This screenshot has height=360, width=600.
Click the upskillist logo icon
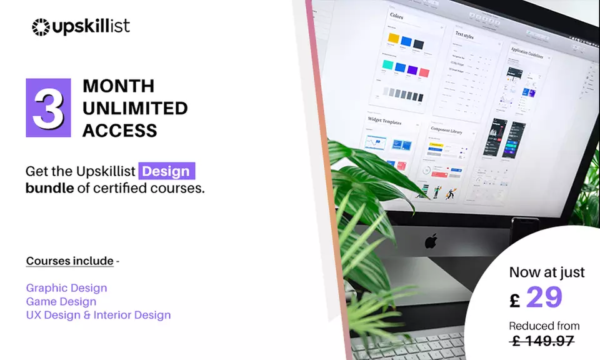coord(41,27)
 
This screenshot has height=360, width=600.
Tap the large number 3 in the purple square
coord(48,107)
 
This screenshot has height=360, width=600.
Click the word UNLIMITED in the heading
coord(135,108)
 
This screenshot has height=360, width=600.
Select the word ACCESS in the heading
coord(119,131)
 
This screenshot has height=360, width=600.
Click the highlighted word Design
coord(167,171)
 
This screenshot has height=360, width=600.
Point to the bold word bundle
coord(49,187)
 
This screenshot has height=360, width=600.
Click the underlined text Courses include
coord(70,261)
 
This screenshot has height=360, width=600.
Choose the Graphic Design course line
coord(66,288)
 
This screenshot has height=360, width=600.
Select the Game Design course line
coord(61,302)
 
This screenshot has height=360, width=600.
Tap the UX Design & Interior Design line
coord(98,315)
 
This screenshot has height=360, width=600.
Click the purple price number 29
coord(544,297)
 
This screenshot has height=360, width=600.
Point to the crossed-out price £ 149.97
coord(542,341)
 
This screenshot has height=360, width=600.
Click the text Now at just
coord(547,272)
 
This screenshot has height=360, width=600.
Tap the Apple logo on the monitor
coord(431,241)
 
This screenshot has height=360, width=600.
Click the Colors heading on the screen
coord(396,15)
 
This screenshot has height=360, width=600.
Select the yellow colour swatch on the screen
coord(393,39)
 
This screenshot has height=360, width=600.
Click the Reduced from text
coord(544,326)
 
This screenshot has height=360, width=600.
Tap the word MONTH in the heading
coord(118,86)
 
